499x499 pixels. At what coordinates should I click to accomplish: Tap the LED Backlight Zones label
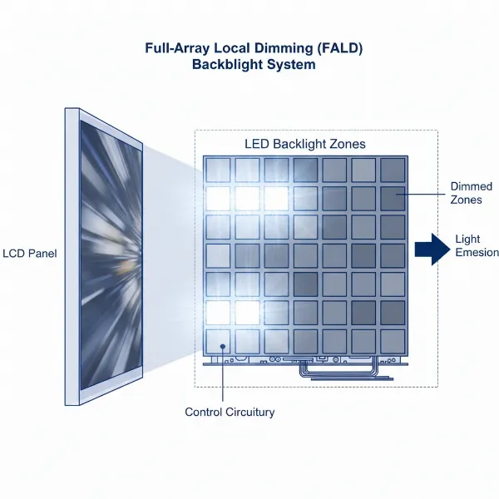(x=304, y=144)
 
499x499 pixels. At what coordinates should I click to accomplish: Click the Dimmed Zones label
(x=471, y=193)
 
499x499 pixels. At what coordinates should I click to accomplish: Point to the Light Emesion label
(x=477, y=246)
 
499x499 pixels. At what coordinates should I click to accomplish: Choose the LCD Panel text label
(x=30, y=253)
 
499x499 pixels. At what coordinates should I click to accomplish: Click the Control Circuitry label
(x=230, y=412)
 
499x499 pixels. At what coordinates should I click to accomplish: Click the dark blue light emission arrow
(x=428, y=247)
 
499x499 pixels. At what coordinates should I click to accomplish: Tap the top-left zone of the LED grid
(x=219, y=170)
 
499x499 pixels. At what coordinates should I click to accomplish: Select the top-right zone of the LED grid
(x=392, y=170)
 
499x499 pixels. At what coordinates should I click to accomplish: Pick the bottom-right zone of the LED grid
(x=392, y=340)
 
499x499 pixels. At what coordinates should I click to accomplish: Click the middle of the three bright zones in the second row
(x=248, y=198)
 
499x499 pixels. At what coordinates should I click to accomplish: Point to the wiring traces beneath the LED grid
(x=333, y=367)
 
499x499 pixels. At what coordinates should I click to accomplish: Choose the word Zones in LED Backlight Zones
(x=346, y=144)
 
